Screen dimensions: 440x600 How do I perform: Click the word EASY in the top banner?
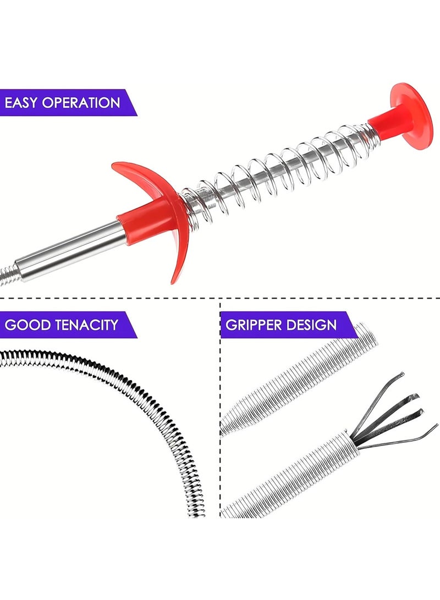point(21,103)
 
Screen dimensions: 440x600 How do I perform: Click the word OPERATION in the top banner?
point(81,103)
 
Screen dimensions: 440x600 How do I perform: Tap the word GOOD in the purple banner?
point(28,325)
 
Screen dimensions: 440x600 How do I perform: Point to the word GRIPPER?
point(254,325)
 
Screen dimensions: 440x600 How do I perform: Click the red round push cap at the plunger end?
point(411,120)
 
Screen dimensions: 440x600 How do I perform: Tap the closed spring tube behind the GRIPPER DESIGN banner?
point(299,383)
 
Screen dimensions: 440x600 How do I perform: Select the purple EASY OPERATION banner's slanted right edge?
point(131,102)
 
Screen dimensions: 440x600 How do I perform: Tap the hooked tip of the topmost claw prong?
point(402,373)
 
